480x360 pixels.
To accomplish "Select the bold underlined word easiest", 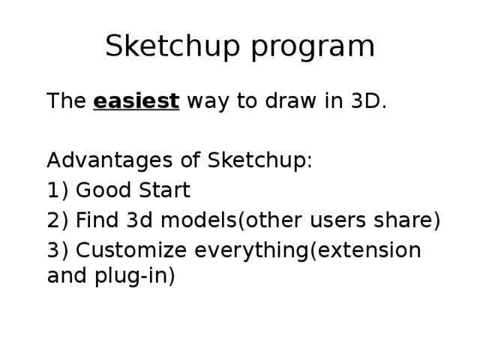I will [136, 101].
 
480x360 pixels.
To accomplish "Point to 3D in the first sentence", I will [368, 101].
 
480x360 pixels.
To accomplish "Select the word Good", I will [100, 191].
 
